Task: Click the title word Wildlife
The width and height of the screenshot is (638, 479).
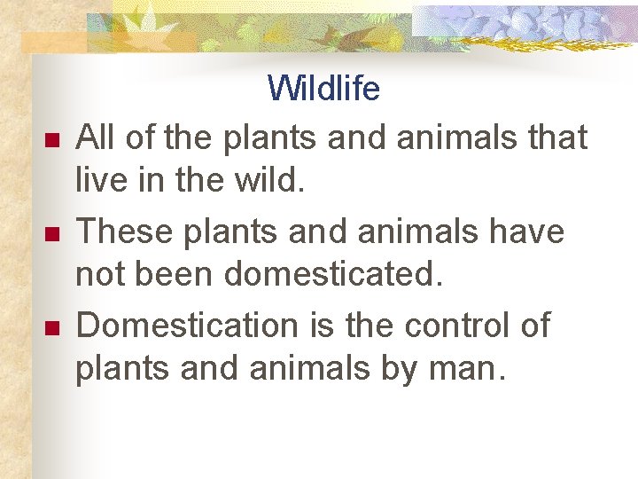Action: pos(323,90)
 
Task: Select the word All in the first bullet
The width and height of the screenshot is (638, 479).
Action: pos(96,137)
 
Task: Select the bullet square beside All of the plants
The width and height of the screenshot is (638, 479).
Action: pos(51,141)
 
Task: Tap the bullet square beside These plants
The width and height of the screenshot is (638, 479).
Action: pos(51,235)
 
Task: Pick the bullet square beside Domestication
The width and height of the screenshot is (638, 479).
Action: pos(51,329)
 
